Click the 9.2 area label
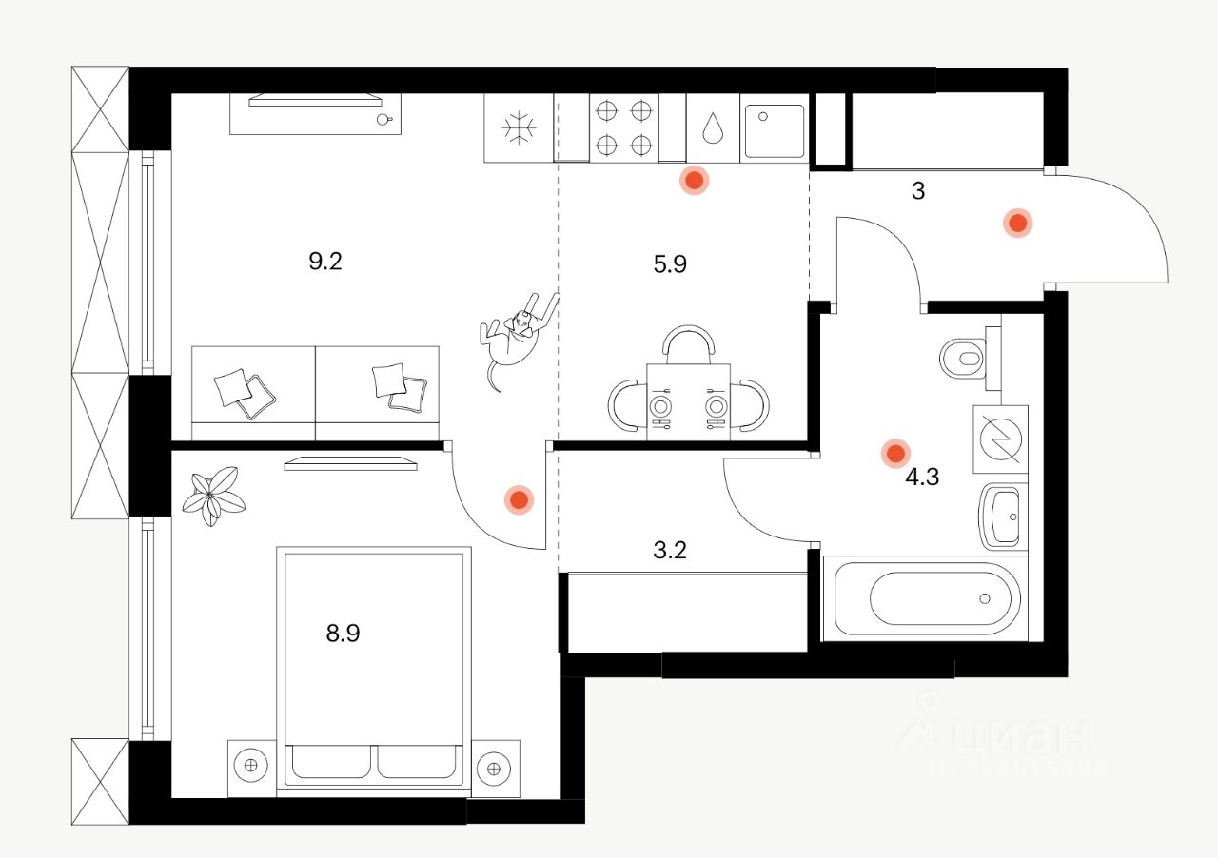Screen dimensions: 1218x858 pos(324,262)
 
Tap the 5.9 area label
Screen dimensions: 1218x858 pos(670,264)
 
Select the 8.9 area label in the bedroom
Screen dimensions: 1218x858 pos(343,634)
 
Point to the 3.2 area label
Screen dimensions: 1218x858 pos(670,549)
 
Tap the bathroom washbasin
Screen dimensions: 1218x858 pos(1003,517)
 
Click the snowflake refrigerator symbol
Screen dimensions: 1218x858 pos(520,127)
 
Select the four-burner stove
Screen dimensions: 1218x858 pos(624,127)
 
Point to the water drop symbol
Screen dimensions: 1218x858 pos(712,128)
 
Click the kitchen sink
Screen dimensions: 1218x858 pos(773,129)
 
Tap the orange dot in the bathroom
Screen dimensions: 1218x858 pos(894,454)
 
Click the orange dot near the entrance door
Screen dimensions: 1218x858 pos(1017,224)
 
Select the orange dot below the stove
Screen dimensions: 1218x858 pos(695,180)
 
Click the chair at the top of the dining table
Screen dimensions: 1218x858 pos(688,342)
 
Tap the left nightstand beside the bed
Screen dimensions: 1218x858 pos(251,766)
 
